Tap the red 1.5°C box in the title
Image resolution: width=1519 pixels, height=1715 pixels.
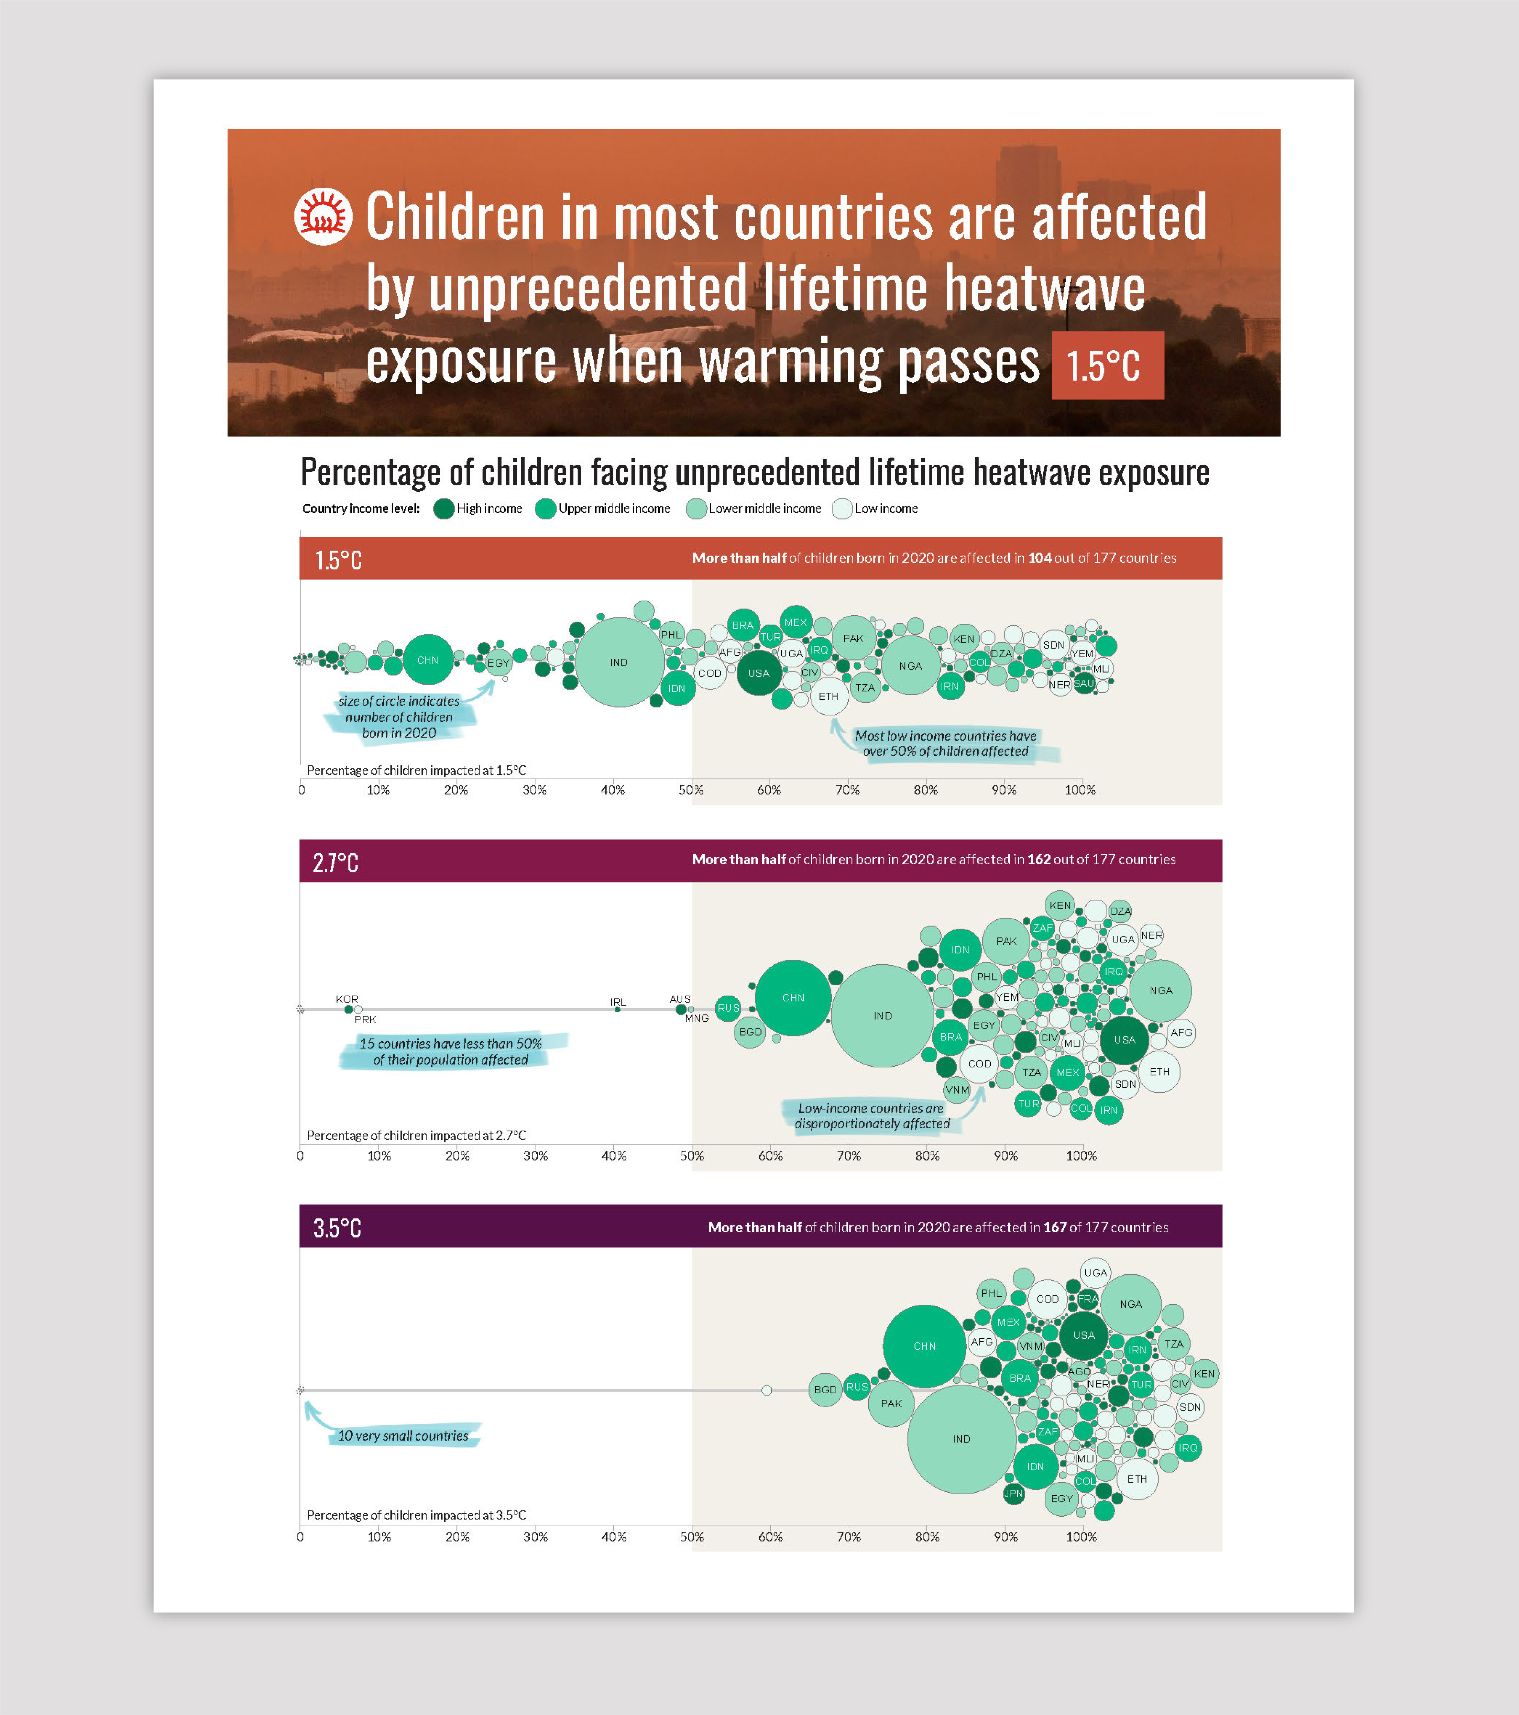click(x=1107, y=365)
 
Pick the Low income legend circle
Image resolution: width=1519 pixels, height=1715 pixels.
click(x=842, y=509)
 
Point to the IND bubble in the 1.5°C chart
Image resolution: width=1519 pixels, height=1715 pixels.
click(x=618, y=662)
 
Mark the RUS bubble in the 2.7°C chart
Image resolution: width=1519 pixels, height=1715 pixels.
click(x=728, y=1008)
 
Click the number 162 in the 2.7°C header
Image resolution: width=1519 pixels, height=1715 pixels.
click(x=1038, y=859)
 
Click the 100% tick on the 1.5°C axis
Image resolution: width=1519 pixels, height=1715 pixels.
click(x=1080, y=789)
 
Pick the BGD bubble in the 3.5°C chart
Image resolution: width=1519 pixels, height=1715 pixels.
click(x=825, y=1390)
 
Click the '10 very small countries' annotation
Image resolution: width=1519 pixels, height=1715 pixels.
click(x=403, y=1436)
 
